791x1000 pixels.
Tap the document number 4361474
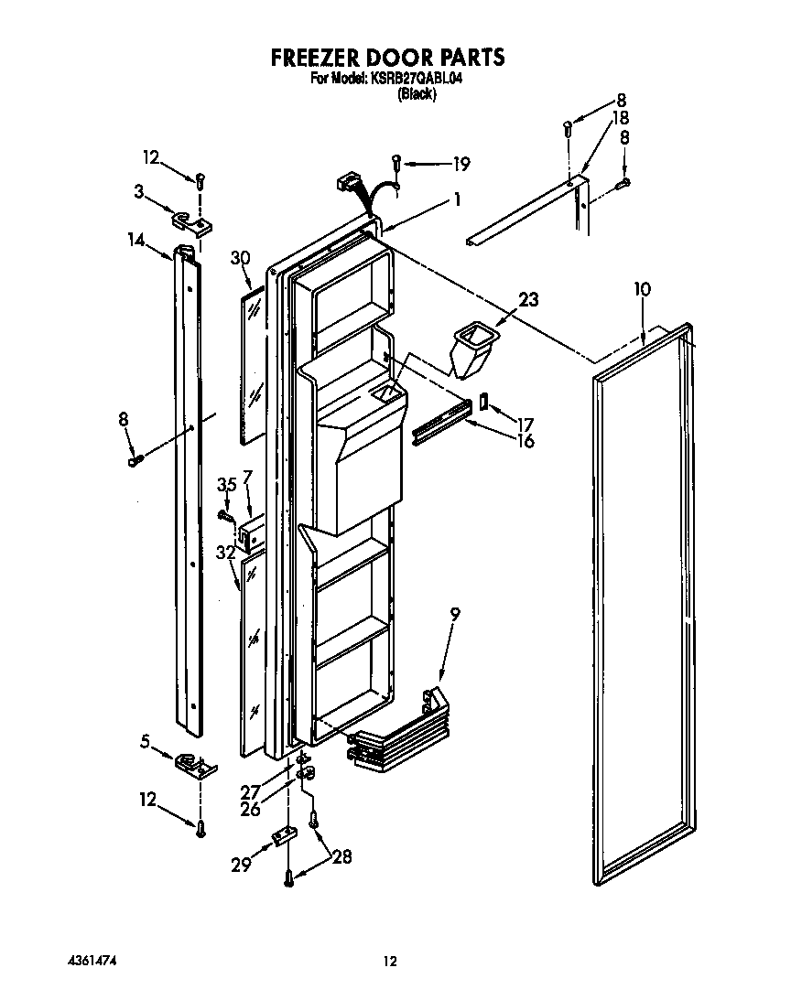(92, 961)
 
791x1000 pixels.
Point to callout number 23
(528, 298)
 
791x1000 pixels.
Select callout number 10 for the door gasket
(642, 289)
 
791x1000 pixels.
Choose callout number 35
(226, 486)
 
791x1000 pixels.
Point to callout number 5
(145, 742)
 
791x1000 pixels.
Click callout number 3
(139, 190)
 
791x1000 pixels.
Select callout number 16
(525, 441)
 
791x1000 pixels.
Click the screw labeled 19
(395, 163)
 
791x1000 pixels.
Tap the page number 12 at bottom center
(390, 961)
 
